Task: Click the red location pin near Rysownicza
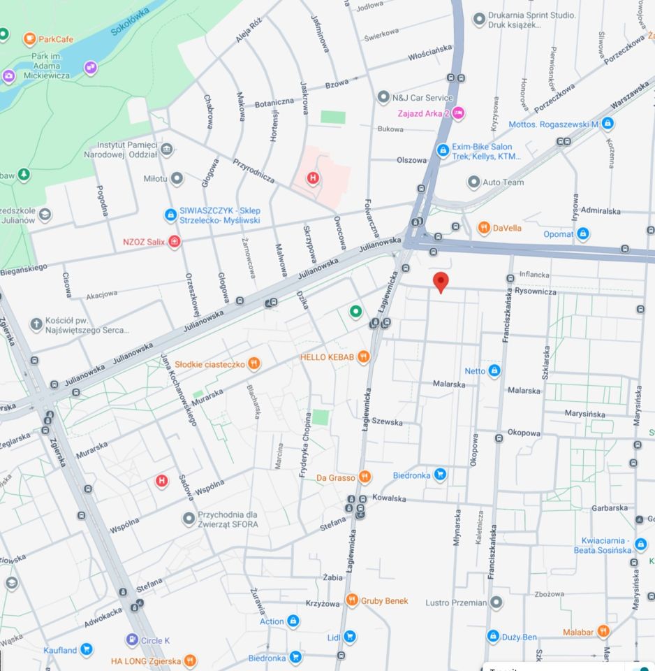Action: click(441, 282)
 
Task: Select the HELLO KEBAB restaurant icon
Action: click(363, 357)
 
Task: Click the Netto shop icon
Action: click(494, 370)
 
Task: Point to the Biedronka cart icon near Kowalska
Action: click(440, 475)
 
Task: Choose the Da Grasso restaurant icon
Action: click(365, 477)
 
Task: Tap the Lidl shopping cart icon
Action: click(350, 637)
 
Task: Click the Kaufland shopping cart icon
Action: click(86, 650)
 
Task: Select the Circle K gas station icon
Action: click(132, 640)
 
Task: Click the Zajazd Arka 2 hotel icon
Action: click(458, 113)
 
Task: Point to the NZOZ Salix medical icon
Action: click(175, 242)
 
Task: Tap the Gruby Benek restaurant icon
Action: click(352, 600)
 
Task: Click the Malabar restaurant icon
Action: click(603, 632)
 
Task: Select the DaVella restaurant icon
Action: click(483, 227)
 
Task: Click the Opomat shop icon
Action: click(583, 234)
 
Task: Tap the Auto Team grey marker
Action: click(473, 182)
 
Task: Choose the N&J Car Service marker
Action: click(383, 97)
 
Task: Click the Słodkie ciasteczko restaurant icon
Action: click(254, 363)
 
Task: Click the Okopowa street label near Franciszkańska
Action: click(524, 433)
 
